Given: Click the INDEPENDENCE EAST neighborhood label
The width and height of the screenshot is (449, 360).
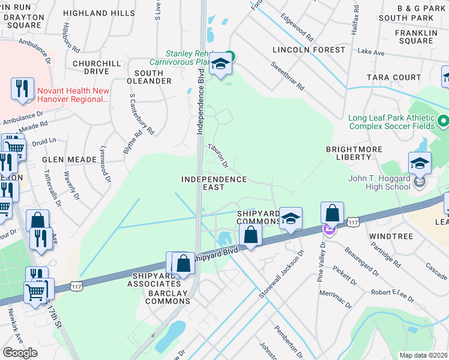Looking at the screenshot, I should (x=214, y=183).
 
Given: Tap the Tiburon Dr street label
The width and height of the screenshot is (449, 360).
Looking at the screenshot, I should (x=218, y=155).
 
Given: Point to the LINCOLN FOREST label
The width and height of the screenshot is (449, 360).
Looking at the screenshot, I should (x=302, y=49).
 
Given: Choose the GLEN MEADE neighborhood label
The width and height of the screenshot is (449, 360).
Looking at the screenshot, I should (x=69, y=160).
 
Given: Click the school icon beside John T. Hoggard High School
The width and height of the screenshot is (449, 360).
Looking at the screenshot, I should (x=420, y=164).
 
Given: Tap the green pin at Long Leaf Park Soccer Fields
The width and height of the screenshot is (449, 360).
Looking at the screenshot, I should (x=443, y=122).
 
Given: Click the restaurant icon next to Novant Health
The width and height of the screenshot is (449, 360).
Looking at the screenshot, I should (x=22, y=89).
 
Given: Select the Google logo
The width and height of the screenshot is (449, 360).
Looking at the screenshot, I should (x=20, y=352).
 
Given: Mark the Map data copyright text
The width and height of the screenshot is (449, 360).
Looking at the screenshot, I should (x=423, y=355).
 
